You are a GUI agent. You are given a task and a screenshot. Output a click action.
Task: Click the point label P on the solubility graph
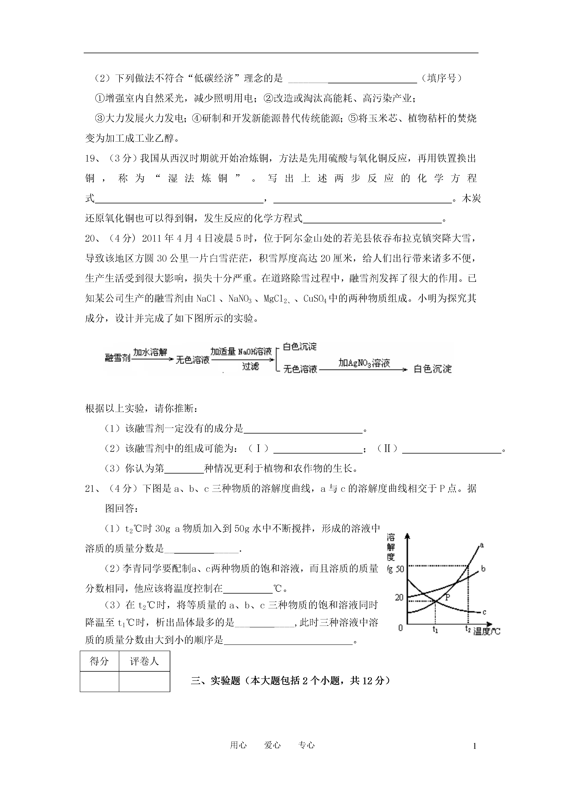coord(447,597)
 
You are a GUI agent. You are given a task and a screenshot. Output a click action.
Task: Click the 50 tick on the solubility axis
coord(400,569)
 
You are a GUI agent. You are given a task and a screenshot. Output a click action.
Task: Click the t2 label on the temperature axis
coord(468,629)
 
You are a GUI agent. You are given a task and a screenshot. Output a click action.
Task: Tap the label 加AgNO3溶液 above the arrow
coord(364,363)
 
